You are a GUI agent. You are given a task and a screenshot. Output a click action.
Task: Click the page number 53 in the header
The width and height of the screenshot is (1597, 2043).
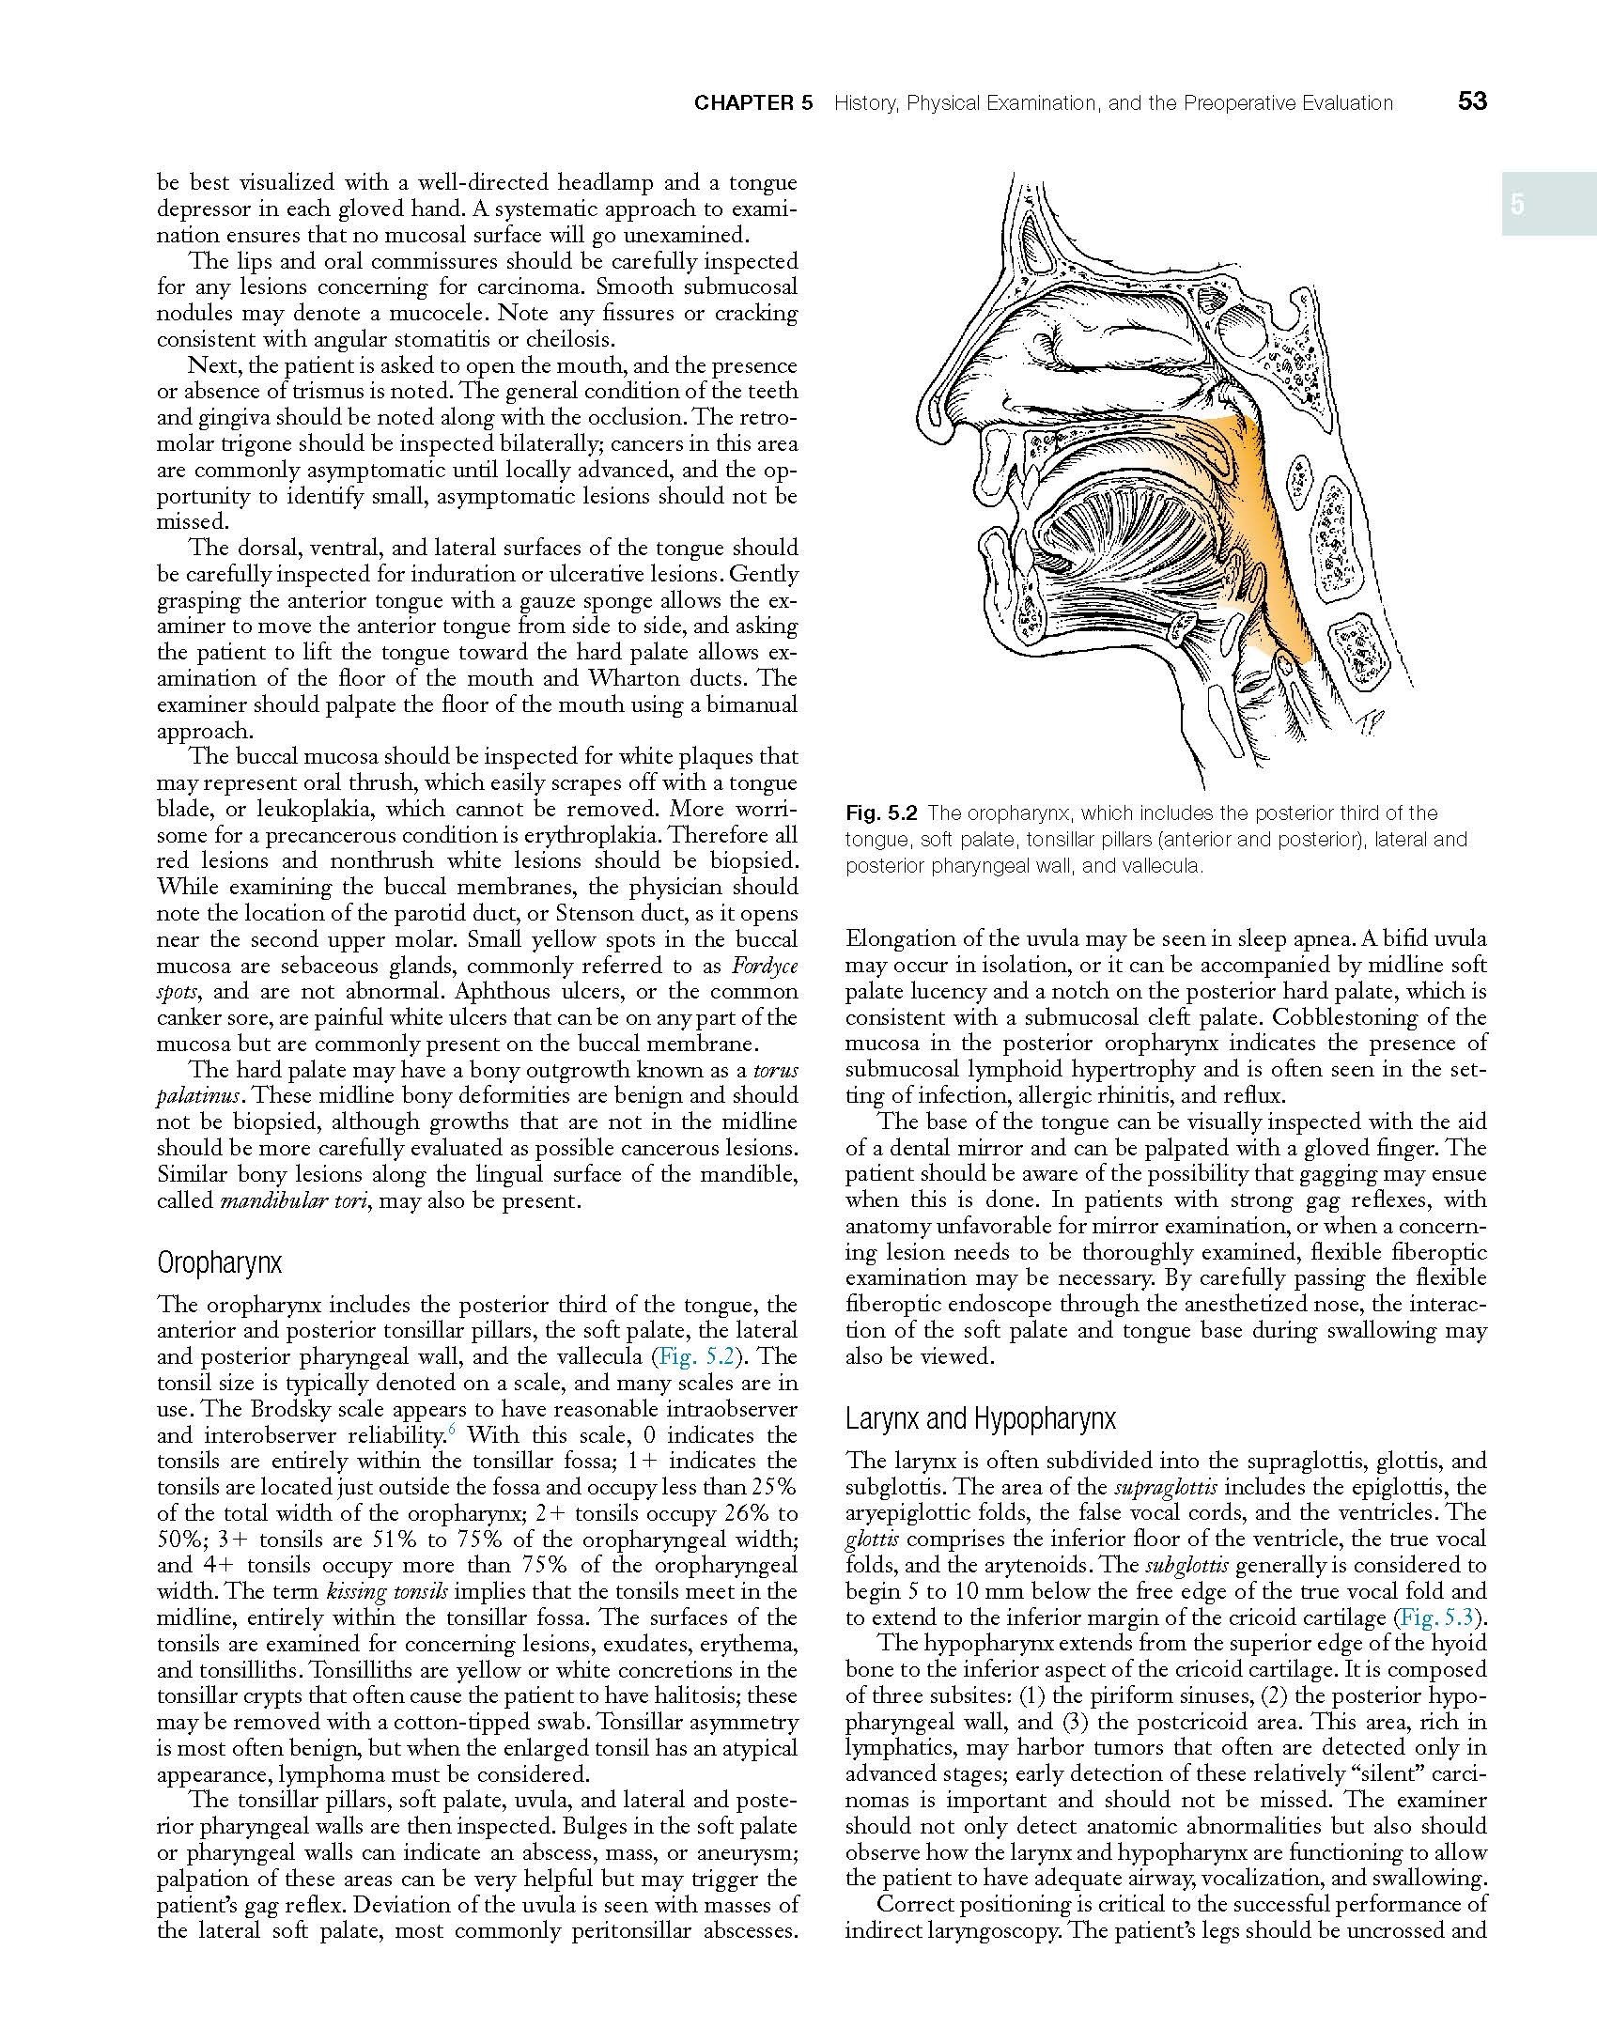click(x=1472, y=101)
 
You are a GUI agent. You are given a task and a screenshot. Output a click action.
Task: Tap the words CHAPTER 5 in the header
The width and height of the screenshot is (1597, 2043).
click(x=753, y=103)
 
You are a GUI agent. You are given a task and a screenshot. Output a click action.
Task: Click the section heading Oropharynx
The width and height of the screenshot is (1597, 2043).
click(x=219, y=1263)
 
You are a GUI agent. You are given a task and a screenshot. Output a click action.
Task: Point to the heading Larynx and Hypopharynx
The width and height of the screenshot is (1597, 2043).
click(x=980, y=1418)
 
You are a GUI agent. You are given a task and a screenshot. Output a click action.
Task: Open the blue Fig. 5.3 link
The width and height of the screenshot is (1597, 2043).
click(x=1439, y=1617)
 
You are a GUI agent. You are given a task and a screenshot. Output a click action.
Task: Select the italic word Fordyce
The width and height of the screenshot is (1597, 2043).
click(x=764, y=966)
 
